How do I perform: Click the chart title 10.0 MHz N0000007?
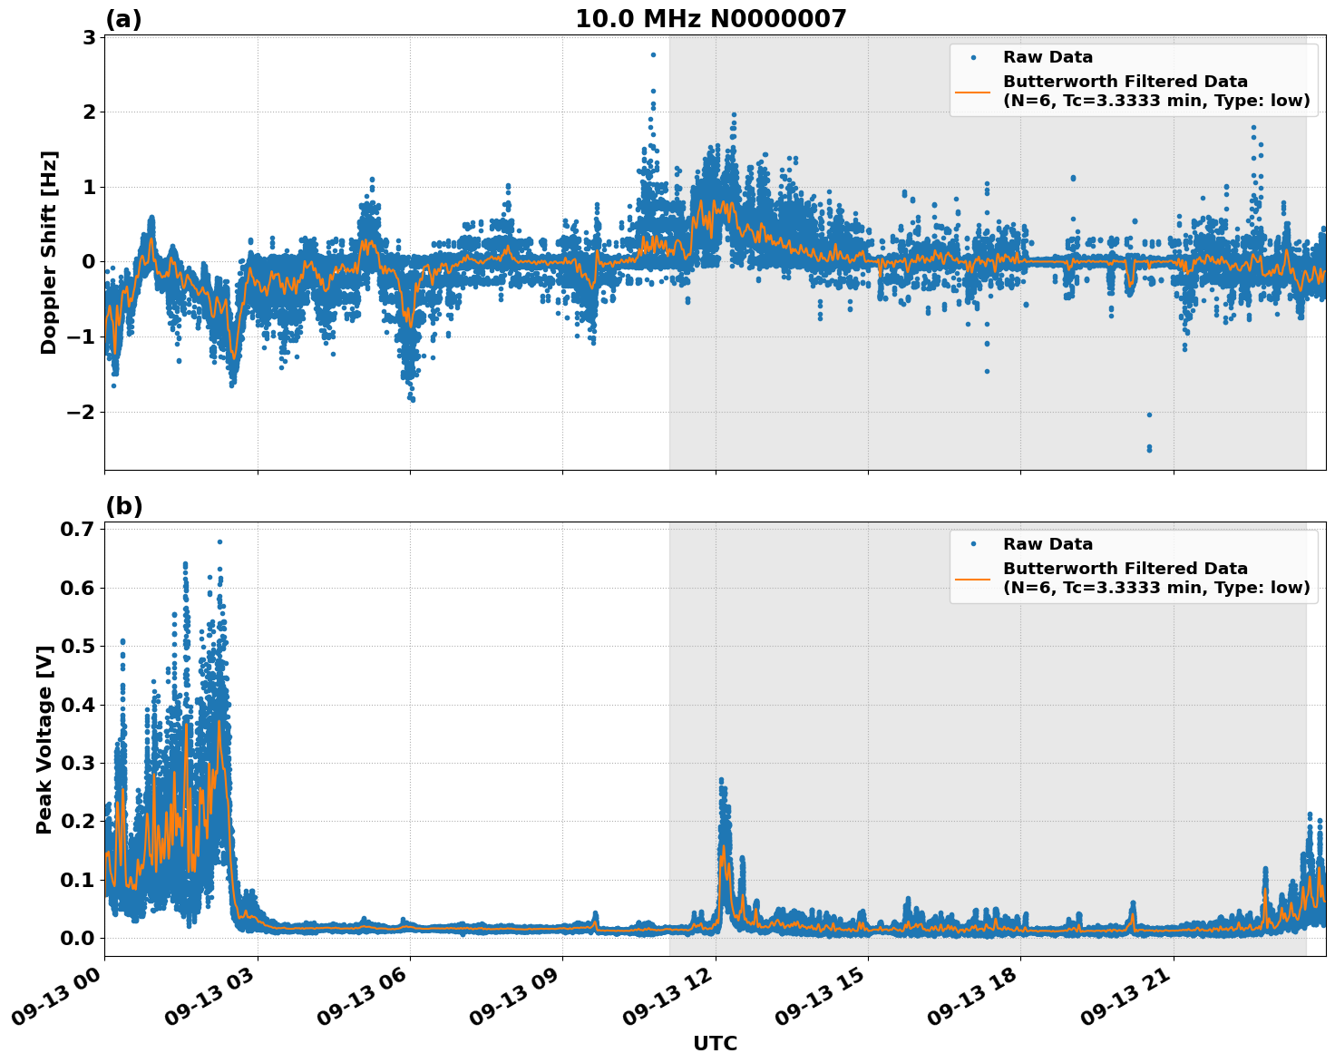tap(710, 19)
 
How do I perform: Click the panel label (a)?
tap(123, 19)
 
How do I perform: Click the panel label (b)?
tap(123, 506)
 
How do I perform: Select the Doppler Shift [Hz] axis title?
tap(49, 252)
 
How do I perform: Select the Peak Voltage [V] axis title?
tap(44, 739)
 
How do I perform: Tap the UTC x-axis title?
tap(715, 1043)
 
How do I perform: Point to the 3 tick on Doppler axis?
tap(90, 37)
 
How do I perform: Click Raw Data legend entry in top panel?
tap(1048, 58)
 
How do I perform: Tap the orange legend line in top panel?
tap(972, 91)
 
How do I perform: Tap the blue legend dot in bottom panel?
tap(972, 544)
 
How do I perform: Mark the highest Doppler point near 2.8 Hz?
tap(653, 54)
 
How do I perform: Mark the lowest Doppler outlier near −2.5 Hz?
tap(1149, 448)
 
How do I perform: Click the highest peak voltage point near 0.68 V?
tap(219, 541)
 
